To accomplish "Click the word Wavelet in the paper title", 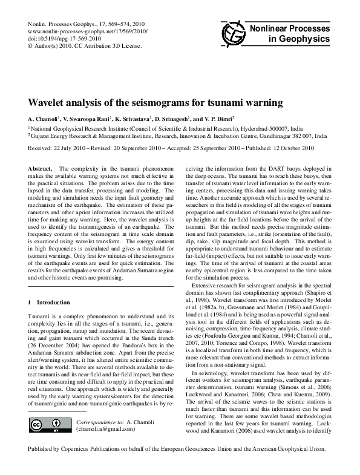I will pos(52,103).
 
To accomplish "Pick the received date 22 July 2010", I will pos(73,147).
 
